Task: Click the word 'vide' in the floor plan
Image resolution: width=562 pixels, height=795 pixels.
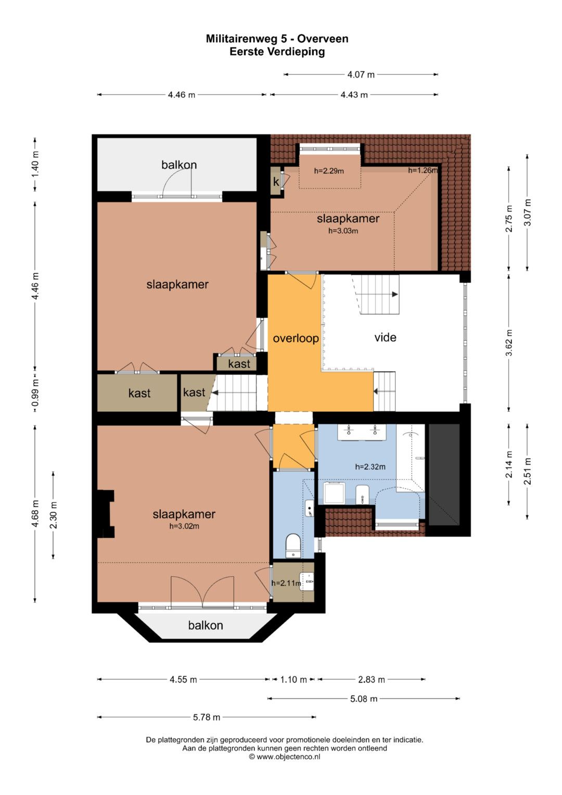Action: point(385,337)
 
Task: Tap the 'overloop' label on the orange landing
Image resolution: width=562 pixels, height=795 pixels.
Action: point(296,338)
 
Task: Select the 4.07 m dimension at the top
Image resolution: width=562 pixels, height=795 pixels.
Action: point(361,74)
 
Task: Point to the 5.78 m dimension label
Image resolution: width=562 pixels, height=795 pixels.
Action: point(207,717)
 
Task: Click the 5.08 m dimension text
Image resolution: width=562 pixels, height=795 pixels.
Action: point(364,699)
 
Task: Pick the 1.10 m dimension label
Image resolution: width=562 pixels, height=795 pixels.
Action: point(293,679)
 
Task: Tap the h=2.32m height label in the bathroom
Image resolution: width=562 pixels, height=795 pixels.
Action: point(370,466)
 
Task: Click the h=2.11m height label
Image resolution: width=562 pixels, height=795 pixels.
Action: point(286,583)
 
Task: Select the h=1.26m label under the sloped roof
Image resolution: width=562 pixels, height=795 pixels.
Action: point(423,170)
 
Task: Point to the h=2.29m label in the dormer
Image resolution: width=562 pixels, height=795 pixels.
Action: point(329,171)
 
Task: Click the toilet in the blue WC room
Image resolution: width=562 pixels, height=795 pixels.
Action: point(293,546)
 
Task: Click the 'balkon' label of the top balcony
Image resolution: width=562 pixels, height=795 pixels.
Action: point(179,165)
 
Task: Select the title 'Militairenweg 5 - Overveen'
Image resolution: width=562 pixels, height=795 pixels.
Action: point(277,39)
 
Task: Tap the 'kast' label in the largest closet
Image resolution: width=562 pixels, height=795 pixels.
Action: point(139,393)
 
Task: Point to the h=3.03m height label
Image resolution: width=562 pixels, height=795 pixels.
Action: point(343,231)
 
